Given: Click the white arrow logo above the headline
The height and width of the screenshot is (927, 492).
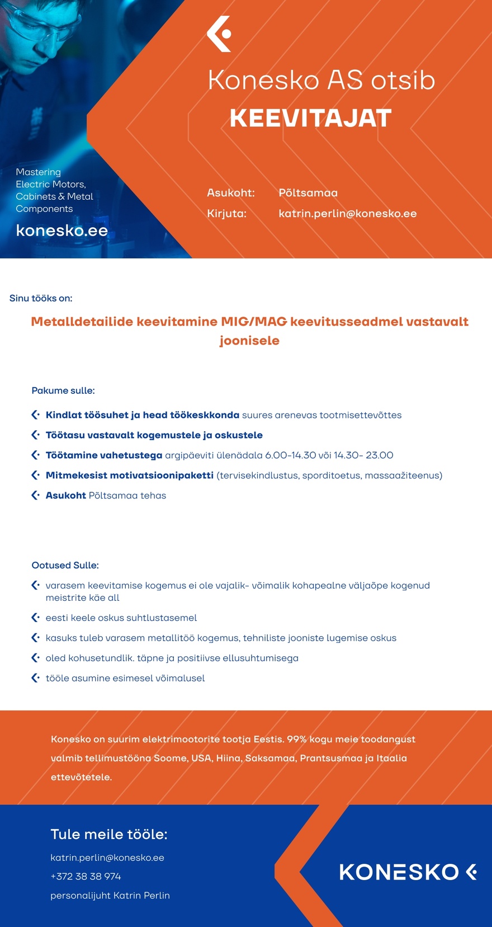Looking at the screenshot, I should coord(219,34).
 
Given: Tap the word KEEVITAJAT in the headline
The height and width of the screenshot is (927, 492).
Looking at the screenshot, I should coord(310,118).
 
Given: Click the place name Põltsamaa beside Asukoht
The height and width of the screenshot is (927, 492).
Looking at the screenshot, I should coord(308,193).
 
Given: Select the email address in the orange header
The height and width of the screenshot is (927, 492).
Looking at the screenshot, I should coord(347,214).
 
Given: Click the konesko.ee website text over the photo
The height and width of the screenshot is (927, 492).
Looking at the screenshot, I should coord(61,230).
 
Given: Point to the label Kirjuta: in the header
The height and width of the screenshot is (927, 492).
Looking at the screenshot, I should coord(226,214).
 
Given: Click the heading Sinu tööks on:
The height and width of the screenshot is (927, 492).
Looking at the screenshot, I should coord(41,298).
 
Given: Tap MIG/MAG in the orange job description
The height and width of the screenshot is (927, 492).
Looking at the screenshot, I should coord(254,322).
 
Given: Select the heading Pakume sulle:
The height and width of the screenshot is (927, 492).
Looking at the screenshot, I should coord(63,390).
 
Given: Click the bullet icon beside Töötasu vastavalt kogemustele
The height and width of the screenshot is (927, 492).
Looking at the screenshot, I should coord(35,435).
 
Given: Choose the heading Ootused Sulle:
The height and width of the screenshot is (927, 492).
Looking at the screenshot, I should coord(65,565).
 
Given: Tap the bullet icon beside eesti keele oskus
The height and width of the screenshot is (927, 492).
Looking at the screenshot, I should coord(35,618).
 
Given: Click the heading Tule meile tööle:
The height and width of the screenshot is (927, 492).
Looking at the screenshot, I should coord(109,834).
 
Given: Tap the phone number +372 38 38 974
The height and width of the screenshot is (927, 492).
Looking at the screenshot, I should coord(86,876).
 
